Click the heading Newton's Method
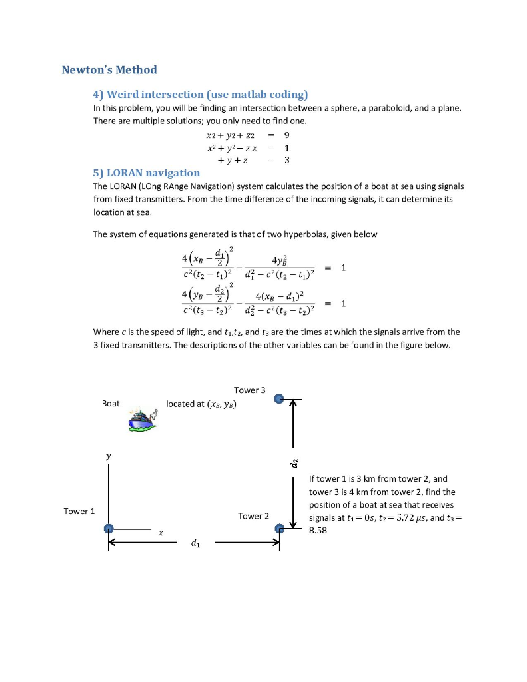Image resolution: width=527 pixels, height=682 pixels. (x=109, y=70)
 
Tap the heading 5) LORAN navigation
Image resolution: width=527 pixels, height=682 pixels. (x=146, y=172)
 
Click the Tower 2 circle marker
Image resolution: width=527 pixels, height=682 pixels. (x=280, y=528)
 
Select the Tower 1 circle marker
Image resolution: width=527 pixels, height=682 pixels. (x=109, y=528)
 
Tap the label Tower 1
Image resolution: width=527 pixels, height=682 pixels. (x=79, y=511)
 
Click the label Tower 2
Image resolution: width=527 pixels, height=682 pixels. (x=253, y=516)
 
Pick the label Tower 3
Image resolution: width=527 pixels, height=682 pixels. (x=249, y=390)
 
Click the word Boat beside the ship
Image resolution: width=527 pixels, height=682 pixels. (x=111, y=404)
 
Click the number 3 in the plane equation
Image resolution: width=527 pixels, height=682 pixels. (x=287, y=160)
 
